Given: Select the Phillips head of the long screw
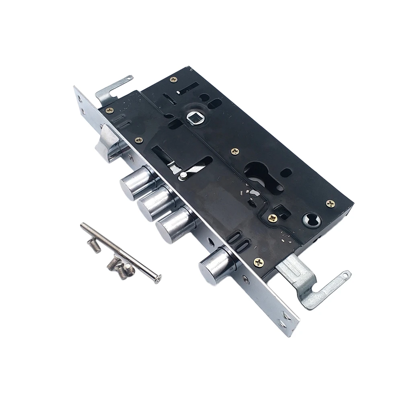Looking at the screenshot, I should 158,278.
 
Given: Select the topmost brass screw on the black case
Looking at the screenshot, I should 173,80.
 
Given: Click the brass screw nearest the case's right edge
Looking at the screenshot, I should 330,203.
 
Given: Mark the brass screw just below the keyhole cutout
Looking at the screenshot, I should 273,218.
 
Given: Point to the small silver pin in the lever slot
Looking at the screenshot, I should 183,175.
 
